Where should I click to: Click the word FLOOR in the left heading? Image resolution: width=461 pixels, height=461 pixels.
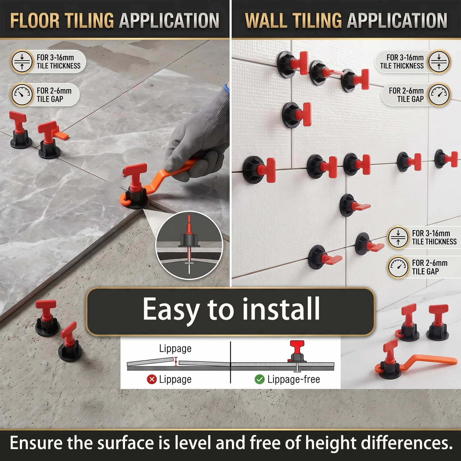pos(35,21)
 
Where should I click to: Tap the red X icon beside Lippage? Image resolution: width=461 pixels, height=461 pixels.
pos(152,379)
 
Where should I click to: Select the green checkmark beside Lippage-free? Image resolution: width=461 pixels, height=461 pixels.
pos(260,379)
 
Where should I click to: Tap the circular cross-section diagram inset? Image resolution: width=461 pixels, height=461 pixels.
pos(189,245)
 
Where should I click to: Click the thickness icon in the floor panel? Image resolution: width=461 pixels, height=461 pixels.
pos(22,61)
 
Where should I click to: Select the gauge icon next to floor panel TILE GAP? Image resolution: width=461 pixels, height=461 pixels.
pos(22,95)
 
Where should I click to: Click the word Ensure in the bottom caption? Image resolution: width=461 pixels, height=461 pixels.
pos(36,443)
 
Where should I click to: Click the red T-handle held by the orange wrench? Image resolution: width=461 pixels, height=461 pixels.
pos(135,176)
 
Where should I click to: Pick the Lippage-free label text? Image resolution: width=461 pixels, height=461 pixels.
pos(294,379)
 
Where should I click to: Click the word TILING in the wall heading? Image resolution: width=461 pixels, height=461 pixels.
pos(317,21)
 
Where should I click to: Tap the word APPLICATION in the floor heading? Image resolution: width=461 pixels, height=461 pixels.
pos(169,21)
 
